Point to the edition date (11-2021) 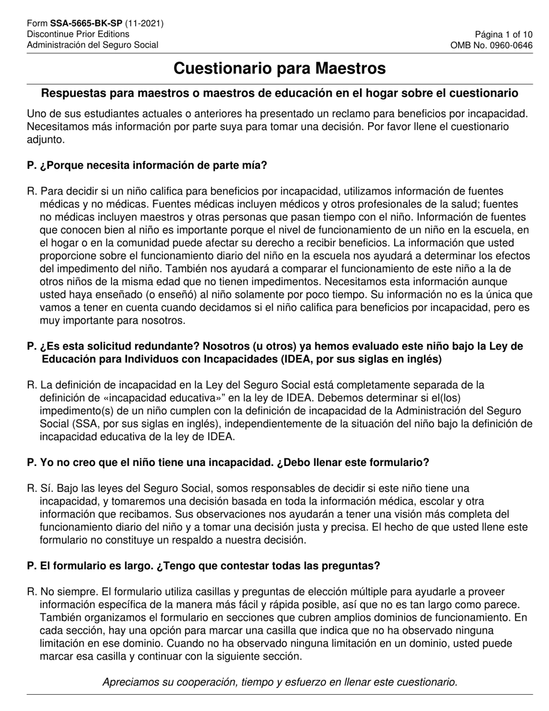tap(143, 24)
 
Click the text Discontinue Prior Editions tap(78, 34)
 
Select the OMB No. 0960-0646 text tap(492, 45)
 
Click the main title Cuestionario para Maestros tap(280, 68)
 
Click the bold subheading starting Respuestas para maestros tap(280, 93)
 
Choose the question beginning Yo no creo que tap(228, 463)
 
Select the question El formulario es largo tap(203, 566)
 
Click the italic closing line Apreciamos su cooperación tap(280, 682)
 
